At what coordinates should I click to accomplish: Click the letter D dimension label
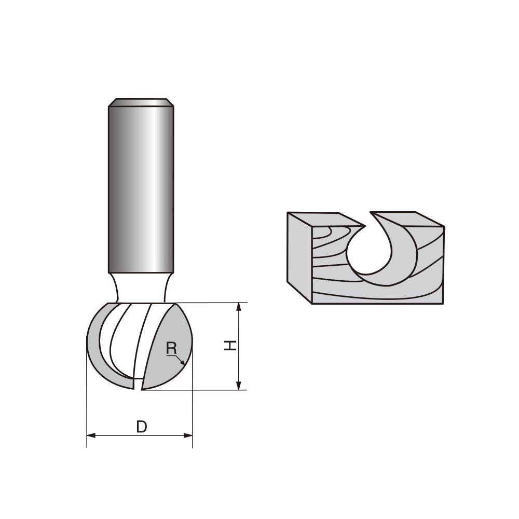(x=141, y=427)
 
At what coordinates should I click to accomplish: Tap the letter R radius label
(x=171, y=349)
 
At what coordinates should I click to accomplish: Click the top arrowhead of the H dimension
(x=239, y=307)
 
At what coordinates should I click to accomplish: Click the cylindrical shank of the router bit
(x=141, y=187)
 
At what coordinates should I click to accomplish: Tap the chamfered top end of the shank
(x=141, y=102)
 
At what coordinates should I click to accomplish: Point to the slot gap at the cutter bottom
(x=139, y=384)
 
